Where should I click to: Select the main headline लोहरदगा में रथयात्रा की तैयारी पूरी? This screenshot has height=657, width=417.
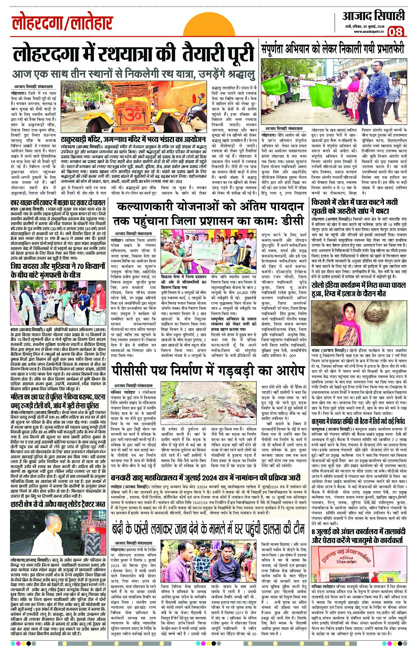(133, 54)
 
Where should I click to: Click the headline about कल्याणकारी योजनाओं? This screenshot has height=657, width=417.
(210, 214)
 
